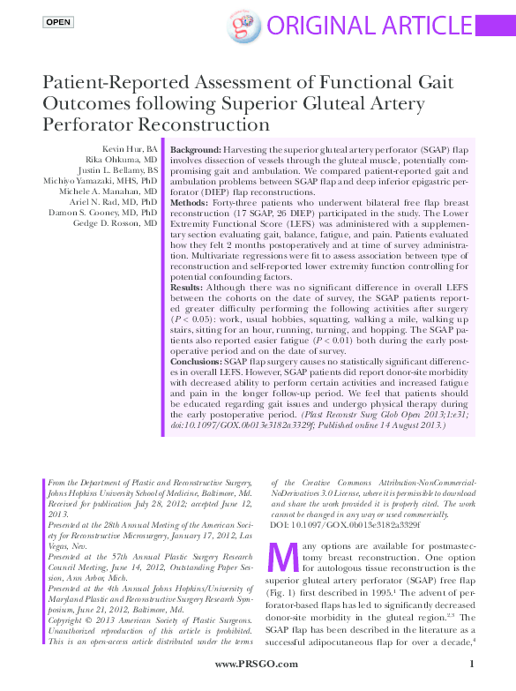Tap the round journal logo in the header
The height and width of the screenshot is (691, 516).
(x=241, y=27)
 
